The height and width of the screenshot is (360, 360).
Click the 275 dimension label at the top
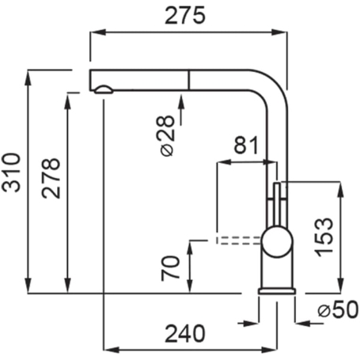click(184, 16)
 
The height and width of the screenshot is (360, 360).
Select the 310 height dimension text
click(11, 172)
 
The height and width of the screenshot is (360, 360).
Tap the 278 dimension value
click(51, 178)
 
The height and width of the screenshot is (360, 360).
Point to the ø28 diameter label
click(168, 136)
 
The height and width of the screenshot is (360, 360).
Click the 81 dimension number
click(246, 145)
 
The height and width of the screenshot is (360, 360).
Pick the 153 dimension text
click(324, 237)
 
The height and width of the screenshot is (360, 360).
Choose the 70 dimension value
click(170, 268)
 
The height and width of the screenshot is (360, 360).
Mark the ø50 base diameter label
click(338, 309)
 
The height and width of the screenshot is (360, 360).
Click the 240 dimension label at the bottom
click(185, 334)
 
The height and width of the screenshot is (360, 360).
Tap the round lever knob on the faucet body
click(277, 242)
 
